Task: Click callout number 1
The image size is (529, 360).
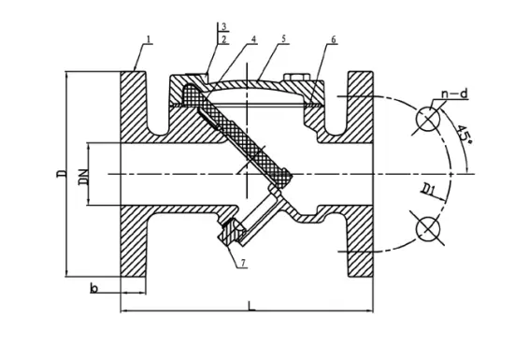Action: pyautogui.click(x=150, y=39)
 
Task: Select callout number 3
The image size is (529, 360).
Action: pyautogui.click(x=223, y=27)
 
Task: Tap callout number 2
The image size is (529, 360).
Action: pyautogui.click(x=223, y=39)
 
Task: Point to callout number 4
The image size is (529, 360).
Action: pyautogui.click(x=253, y=39)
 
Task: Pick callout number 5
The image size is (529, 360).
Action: pyautogui.click(x=284, y=38)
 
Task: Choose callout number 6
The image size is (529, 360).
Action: pyautogui.click(x=334, y=39)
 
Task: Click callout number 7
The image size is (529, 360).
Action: pyautogui.click(x=243, y=263)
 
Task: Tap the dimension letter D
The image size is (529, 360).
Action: pyautogui.click(x=62, y=173)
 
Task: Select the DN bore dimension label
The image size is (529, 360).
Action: pyautogui.click(x=84, y=177)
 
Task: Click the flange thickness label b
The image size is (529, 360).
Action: pyautogui.click(x=94, y=288)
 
